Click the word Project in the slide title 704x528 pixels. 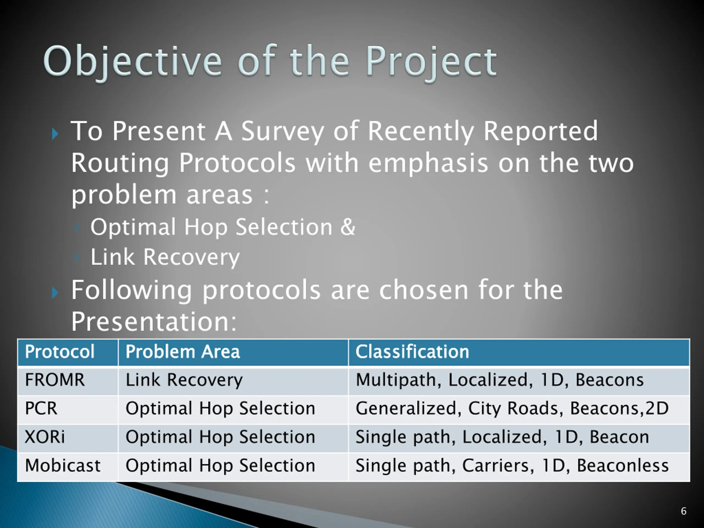pyautogui.click(x=431, y=62)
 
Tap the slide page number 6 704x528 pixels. pyautogui.click(x=683, y=512)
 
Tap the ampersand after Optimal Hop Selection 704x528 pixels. pyautogui.click(x=348, y=227)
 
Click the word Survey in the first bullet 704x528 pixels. pyautogui.click(x=282, y=132)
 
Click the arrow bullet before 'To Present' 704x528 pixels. pyautogui.click(x=55, y=134)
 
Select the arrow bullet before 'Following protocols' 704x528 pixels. pyautogui.click(x=55, y=292)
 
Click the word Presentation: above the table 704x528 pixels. pyautogui.click(x=154, y=321)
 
